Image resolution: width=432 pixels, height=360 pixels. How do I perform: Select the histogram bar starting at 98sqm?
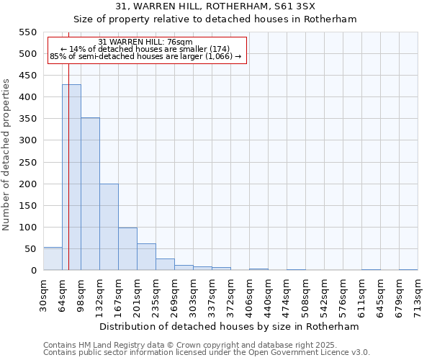(90, 194)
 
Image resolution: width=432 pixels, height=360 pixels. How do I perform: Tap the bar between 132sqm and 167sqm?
(109, 227)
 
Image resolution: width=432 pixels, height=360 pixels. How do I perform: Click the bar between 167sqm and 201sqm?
(127, 248)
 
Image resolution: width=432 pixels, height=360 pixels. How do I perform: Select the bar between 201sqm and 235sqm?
(146, 257)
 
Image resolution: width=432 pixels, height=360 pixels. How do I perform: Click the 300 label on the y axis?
(27, 140)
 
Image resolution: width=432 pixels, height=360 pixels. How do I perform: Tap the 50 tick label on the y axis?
(30, 249)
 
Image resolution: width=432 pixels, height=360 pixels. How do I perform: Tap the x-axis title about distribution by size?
(229, 326)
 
